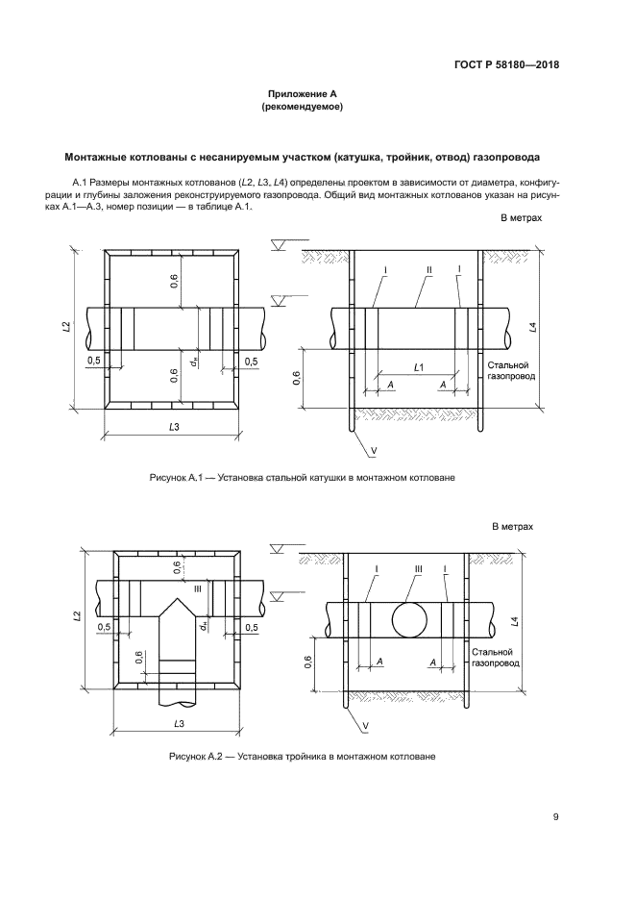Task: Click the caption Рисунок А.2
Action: coord(302,756)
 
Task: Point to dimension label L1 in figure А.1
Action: coord(419,368)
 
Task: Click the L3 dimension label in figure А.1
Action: coord(174,425)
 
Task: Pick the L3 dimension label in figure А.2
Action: coord(180,721)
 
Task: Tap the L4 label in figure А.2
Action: coord(516,622)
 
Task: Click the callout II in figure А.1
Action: coord(429,270)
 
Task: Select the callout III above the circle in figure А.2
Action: coord(419,569)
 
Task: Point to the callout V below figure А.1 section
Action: coord(372,448)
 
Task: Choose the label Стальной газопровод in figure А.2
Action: coord(496,657)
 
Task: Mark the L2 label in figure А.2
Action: coord(76,616)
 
